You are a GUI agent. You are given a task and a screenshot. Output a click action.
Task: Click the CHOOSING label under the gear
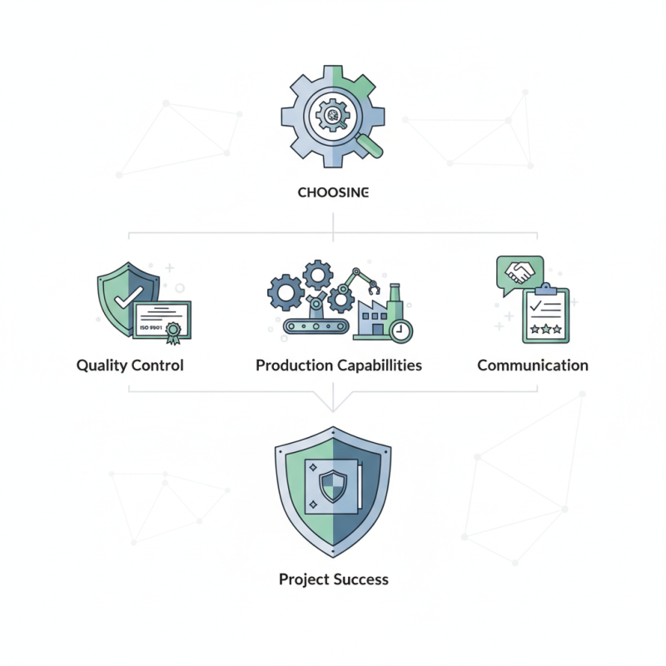point(333,192)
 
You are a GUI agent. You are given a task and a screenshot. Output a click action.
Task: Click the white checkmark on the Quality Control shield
point(129,297)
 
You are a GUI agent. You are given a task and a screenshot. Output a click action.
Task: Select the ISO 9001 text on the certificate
point(151,327)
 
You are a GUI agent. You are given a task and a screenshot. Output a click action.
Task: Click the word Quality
point(102,365)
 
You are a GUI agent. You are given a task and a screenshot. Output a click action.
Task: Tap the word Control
point(157,365)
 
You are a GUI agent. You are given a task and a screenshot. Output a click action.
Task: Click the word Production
point(295,365)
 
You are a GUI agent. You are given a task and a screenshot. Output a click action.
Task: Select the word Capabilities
point(380,365)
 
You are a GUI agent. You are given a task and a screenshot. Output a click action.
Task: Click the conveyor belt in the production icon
point(316,326)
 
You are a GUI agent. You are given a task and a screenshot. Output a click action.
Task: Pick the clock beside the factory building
point(400,331)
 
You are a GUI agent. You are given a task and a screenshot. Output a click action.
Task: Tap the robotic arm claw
point(373,289)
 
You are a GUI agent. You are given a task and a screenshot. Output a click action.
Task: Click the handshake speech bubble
point(519,274)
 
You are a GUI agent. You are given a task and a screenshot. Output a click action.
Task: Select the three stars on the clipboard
point(546,329)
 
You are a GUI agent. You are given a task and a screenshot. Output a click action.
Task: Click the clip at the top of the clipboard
point(546,289)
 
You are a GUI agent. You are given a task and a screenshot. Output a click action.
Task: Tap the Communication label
point(533,365)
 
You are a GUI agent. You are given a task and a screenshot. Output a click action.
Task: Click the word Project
point(304,579)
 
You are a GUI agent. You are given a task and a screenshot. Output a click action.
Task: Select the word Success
point(361,579)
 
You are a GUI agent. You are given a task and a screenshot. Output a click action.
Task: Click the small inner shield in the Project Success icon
point(333,486)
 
